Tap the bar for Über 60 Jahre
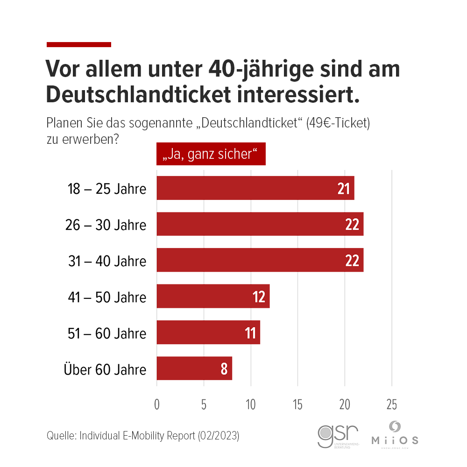coord(194,368)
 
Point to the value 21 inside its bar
coord(344,189)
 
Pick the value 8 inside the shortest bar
coord(224,369)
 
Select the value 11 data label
coord(250,333)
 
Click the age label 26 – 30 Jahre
coord(106,225)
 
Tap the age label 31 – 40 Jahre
coord(106,261)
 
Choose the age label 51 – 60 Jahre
coord(106,333)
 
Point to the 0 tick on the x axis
coord(157,405)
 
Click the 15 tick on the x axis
coord(297,405)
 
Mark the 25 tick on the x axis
coord(391,405)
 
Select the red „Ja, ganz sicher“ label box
coord(211,154)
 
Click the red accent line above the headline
coord(79,44)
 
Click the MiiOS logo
coord(395,435)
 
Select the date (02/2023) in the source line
coord(219,436)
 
